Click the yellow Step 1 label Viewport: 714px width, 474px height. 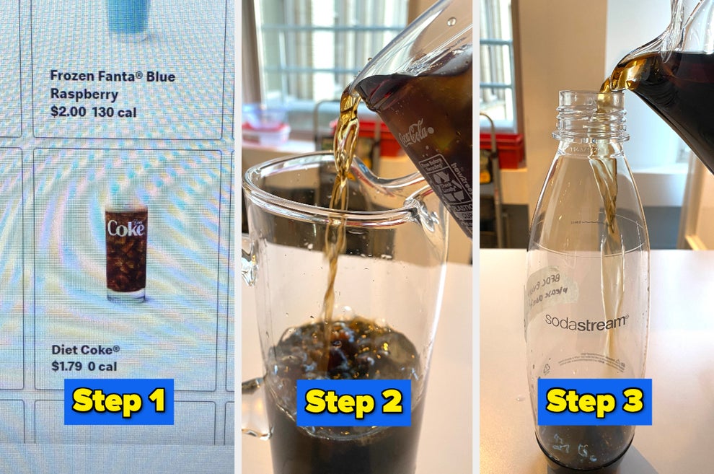[x=118, y=401]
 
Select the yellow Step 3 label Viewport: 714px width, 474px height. [x=594, y=401]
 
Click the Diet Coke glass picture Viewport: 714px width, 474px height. [x=126, y=251]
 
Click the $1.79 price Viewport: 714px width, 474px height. [x=66, y=366]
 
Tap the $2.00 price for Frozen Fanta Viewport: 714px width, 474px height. [x=68, y=112]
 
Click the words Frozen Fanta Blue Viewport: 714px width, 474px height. [x=113, y=76]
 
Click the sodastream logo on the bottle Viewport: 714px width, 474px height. [x=586, y=321]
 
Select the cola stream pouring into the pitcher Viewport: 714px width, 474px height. [x=338, y=216]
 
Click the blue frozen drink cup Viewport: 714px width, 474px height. [x=127, y=16]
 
